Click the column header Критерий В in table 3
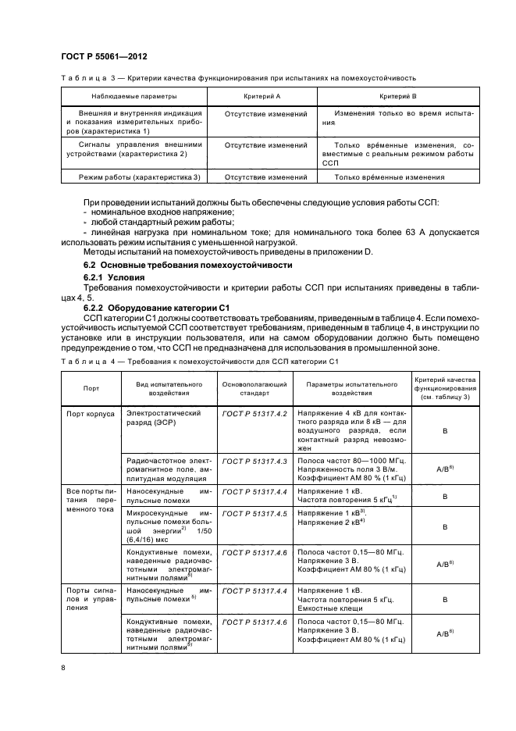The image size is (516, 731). tap(397, 96)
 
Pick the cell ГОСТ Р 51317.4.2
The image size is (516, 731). tap(255, 412)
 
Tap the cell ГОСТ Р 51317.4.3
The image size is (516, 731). tap(255, 463)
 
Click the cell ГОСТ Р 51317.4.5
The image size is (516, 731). tap(255, 513)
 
